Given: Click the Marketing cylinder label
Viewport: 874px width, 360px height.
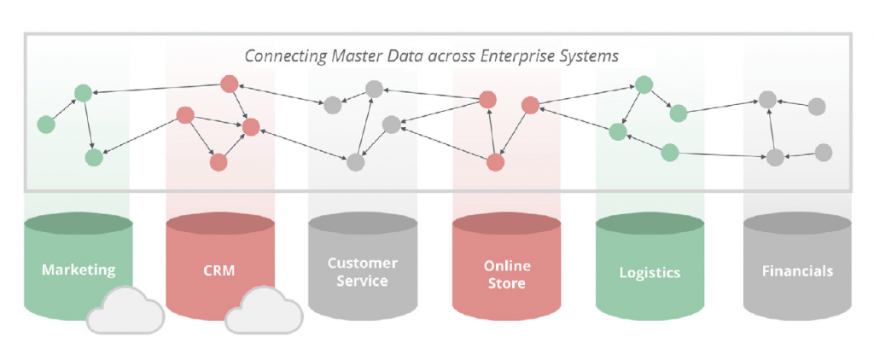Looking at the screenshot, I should pos(79,270).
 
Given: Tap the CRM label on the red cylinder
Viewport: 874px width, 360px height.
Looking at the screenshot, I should pos(219,270).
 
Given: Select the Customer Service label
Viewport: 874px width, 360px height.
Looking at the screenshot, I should pos(363,271).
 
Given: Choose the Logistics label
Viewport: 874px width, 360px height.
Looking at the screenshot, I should pos(650,273).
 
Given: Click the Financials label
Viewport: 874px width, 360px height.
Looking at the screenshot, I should pos(797,271).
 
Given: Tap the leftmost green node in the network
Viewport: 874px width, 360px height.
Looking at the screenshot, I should pos(46,125).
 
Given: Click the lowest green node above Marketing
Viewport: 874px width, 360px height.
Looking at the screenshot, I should pos(94,158).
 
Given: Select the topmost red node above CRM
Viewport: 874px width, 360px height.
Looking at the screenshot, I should pos(229,84).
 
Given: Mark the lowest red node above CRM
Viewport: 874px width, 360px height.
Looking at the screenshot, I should pos(218,161).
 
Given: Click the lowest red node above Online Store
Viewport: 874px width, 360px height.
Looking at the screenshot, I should pos(495,161).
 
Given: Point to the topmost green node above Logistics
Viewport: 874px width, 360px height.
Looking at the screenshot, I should pos(644,84).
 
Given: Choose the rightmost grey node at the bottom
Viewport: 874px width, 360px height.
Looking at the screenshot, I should pos(824,152).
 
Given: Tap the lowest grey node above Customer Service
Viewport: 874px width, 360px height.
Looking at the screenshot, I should pos(356,161).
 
